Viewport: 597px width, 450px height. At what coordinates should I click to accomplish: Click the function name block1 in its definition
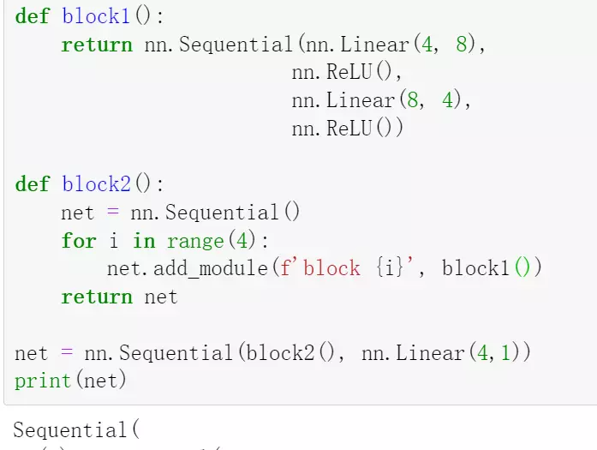click(x=97, y=16)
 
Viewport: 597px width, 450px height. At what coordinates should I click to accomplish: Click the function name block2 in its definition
click(x=97, y=184)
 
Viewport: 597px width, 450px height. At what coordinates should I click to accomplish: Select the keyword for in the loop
click(x=78, y=241)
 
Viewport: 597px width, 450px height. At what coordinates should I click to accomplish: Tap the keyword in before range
click(x=143, y=241)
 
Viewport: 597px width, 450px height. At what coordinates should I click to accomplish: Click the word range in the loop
click(x=194, y=241)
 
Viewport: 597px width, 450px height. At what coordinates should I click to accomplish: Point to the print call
click(x=43, y=380)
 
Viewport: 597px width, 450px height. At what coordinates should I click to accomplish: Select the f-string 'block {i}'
click(x=341, y=268)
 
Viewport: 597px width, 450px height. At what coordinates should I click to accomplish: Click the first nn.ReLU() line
click(x=346, y=73)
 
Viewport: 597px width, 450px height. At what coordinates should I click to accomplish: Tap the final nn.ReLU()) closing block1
click(x=346, y=129)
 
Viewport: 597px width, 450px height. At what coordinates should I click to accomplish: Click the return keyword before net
click(x=97, y=297)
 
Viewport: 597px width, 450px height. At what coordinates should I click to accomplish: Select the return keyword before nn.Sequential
click(x=97, y=45)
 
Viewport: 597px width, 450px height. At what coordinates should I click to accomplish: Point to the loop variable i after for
click(x=113, y=241)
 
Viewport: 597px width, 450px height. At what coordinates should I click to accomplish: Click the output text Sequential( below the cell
click(x=75, y=430)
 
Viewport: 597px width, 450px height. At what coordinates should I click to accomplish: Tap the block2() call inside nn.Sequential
click(x=292, y=352)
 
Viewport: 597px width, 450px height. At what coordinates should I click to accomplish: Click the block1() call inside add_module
click(x=490, y=268)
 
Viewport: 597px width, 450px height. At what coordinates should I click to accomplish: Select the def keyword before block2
click(x=33, y=184)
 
